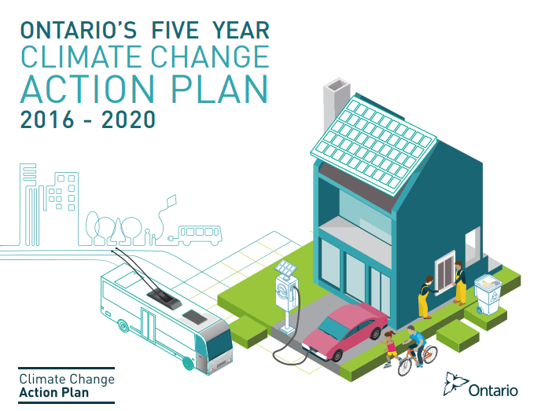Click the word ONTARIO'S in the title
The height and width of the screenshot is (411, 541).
coord(79,30)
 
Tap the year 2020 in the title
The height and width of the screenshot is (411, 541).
coord(128,119)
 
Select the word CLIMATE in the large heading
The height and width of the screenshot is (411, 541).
coord(81,57)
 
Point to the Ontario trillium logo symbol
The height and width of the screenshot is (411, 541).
coord(455,383)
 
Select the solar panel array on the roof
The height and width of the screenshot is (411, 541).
coord(374,145)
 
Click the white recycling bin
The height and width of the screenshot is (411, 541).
coord(488,294)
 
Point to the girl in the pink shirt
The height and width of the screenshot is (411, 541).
coord(390,349)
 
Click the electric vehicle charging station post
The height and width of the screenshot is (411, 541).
coord(287,297)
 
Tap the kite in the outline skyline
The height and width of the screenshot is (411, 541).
coord(171,202)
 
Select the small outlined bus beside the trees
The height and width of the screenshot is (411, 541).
coord(200,235)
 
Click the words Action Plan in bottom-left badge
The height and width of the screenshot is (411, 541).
coord(53,392)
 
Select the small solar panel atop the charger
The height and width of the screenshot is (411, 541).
coord(285,267)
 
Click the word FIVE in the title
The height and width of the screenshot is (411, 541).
coord(175,30)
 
